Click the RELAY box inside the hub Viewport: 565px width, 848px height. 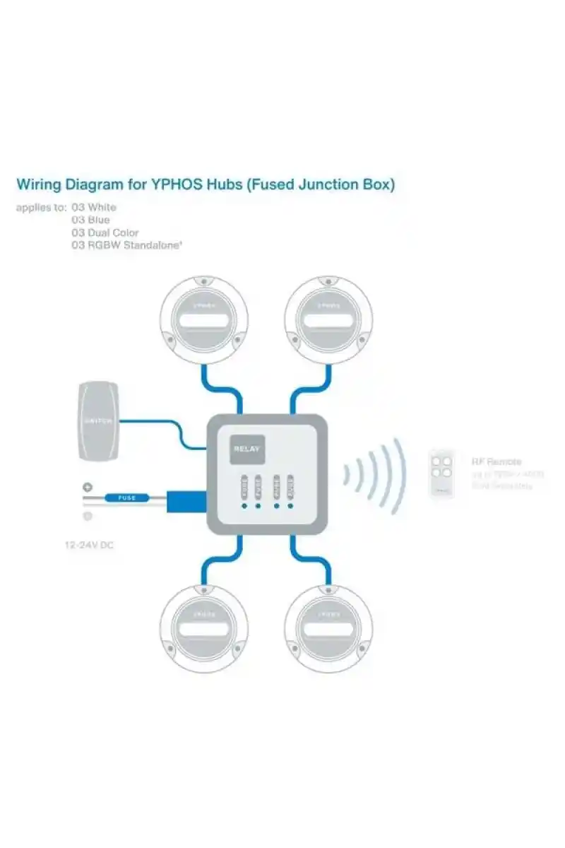(x=247, y=448)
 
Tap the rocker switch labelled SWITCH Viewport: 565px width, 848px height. (x=98, y=421)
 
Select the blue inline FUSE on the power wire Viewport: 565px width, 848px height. (x=127, y=498)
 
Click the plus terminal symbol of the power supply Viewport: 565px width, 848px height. (x=88, y=487)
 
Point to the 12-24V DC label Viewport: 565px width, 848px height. (x=89, y=546)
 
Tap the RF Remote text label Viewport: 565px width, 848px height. (x=496, y=461)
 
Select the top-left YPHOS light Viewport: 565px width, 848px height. (x=203, y=319)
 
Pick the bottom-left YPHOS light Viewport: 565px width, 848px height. (x=203, y=628)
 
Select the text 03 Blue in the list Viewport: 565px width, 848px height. (x=90, y=220)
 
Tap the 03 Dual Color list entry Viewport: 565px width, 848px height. (x=105, y=232)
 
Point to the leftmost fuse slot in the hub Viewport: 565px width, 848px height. (x=244, y=486)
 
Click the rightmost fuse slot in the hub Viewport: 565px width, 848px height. (x=290, y=486)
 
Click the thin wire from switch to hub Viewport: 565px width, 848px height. (x=152, y=423)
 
